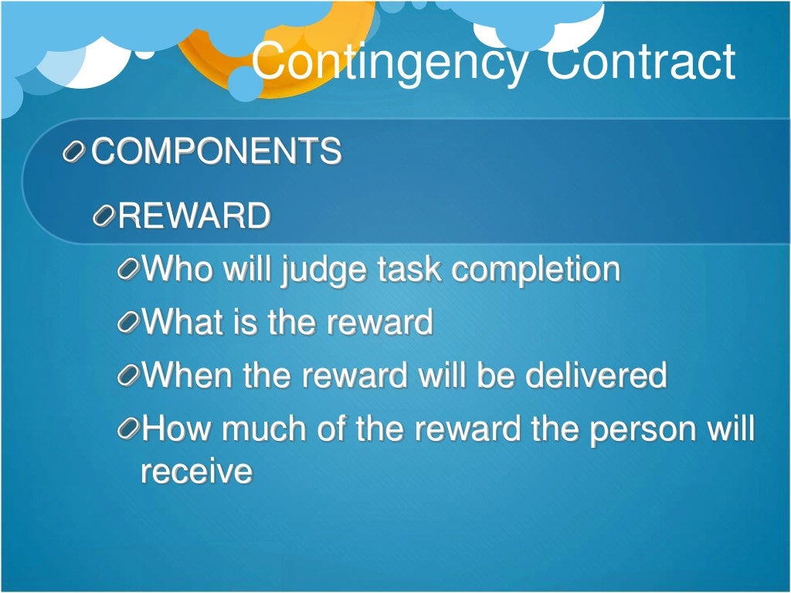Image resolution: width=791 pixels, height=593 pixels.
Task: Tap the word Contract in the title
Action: point(640,62)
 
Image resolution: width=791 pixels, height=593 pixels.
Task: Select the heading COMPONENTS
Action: point(216,151)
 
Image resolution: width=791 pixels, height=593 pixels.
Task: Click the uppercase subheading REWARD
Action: point(194,216)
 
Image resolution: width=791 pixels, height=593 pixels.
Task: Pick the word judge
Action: point(323,270)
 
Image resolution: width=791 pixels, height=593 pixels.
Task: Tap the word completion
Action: point(536,269)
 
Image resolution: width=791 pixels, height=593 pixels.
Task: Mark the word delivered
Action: point(596,375)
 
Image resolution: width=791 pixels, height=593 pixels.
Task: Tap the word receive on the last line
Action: point(196,471)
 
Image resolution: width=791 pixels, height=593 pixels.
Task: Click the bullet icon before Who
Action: point(129,271)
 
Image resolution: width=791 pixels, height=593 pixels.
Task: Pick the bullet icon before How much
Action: point(129,430)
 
